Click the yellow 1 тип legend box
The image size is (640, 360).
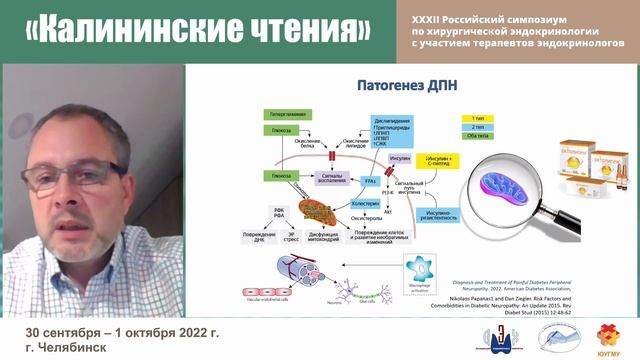[x=473, y=118]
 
